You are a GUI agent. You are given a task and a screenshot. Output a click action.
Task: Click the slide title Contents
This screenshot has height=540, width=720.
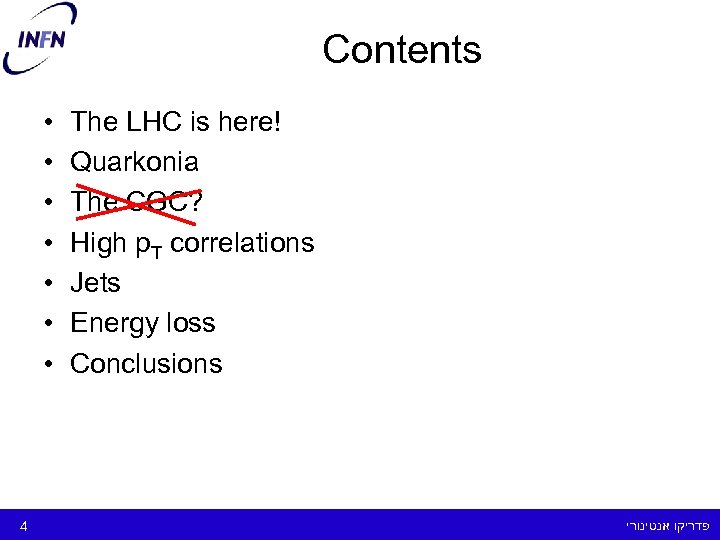point(402,49)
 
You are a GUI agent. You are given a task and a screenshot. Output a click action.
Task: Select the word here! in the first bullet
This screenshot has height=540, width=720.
point(247,122)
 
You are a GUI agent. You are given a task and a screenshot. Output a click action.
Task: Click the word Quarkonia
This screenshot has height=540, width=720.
point(134,162)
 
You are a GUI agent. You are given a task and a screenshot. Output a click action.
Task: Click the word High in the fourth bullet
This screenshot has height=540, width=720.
point(98,242)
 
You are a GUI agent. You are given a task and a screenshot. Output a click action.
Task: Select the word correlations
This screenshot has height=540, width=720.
point(242,242)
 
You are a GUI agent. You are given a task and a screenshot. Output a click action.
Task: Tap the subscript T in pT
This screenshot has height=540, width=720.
point(159,248)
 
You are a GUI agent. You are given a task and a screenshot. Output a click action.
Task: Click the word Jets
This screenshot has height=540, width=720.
point(95,283)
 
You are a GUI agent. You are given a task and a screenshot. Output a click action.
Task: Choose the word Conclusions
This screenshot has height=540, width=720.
point(146,363)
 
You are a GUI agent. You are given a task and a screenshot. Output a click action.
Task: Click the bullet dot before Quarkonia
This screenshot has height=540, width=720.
point(48,163)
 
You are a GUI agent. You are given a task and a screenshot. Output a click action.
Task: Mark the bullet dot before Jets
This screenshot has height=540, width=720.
point(48,284)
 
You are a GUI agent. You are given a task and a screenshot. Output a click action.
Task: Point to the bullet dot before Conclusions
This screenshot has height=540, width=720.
point(48,364)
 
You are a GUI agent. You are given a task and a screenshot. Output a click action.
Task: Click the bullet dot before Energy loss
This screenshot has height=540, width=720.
point(48,324)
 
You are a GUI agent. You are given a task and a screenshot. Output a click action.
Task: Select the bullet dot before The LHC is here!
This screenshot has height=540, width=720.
point(48,123)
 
